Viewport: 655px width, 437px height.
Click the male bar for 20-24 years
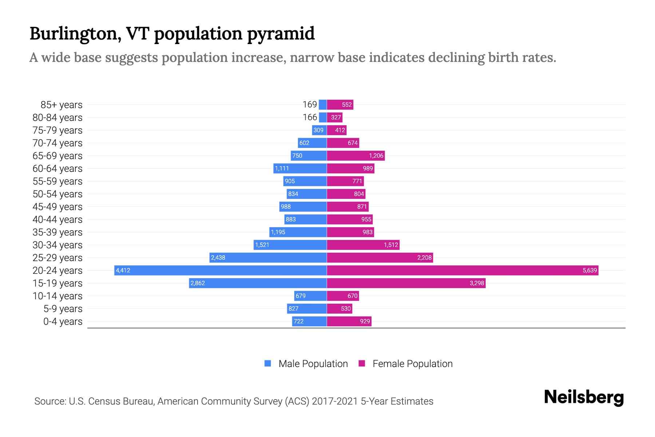coord(221,270)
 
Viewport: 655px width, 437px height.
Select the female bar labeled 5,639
coord(462,270)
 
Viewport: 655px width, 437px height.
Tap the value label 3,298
coord(477,283)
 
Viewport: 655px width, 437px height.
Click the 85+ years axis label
coord(61,105)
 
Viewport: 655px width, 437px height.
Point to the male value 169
coord(310,105)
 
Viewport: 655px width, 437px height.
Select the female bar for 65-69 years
coord(356,155)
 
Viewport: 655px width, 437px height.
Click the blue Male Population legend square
coord(268,363)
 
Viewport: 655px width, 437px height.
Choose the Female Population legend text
coord(412,363)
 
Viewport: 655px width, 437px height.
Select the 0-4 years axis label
coord(63,322)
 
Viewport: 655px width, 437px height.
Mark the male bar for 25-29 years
coord(268,257)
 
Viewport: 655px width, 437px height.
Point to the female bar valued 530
coord(340,308)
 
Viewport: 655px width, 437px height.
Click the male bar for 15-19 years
coord(258,283)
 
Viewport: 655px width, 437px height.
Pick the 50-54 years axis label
coord(57,194)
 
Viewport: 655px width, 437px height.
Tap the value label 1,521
coord(262,245)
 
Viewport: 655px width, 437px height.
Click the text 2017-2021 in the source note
coord(335,401)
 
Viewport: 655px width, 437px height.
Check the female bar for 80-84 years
coord(335,117)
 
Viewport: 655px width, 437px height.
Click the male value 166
coord(310,117)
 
